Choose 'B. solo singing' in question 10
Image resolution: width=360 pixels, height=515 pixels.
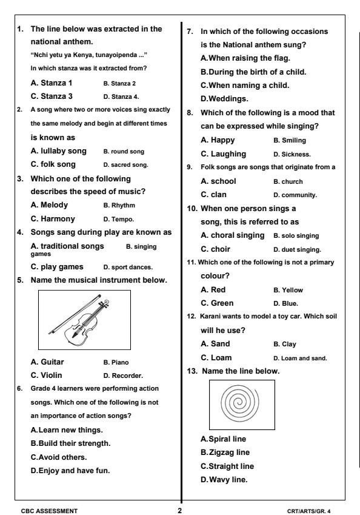click(298, 235)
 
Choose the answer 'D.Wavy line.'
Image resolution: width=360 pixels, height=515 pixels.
click(227, 480)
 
